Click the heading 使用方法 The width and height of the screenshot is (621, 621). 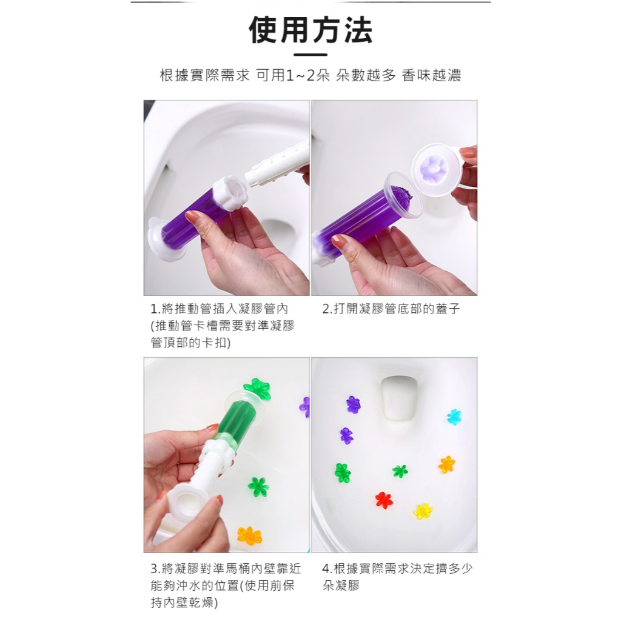310,30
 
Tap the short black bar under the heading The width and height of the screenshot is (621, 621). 310,55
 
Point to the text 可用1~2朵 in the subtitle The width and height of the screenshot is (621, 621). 293,75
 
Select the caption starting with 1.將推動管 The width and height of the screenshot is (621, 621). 223,326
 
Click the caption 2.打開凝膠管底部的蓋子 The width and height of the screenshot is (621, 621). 391,309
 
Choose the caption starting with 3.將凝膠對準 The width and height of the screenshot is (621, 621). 226,585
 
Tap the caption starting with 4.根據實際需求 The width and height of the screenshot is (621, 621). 397,577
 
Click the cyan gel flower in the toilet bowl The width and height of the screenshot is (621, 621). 454,417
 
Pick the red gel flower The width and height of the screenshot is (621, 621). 384,500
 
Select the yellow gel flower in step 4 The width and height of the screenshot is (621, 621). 423,511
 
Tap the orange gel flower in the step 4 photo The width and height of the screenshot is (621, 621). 447,464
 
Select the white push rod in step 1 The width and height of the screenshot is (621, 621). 278,165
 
